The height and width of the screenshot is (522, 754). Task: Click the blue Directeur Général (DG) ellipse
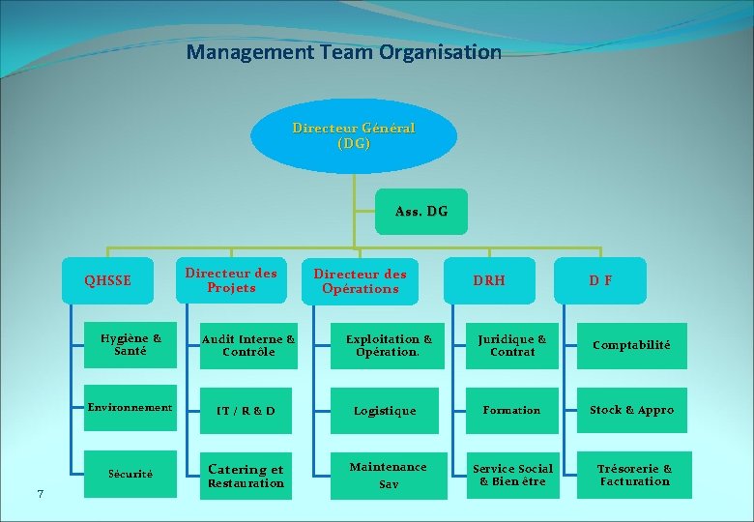[x=353, y=136]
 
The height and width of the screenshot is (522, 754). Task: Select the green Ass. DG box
[x=421, y=212]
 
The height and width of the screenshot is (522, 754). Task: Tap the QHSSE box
[x=107, y=281]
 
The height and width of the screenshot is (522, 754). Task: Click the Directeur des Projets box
[x=231, y=281]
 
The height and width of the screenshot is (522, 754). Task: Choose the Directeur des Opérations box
[x=361, y=281]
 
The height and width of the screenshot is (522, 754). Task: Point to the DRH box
[x=489, y=281]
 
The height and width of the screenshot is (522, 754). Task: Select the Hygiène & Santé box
[x=130, y=345]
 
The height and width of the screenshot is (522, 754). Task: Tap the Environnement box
[x=130, y=409]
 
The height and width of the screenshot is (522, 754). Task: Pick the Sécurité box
[x=130, y=474]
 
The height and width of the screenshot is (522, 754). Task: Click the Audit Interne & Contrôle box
[x=248, y=346]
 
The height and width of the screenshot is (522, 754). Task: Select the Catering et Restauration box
[x=246, y=476]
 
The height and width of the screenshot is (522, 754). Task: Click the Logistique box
[x=385, y=411]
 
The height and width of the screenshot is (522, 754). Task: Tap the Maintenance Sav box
[x=388, y=475]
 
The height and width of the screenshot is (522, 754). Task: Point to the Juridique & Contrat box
[x=512, y=346]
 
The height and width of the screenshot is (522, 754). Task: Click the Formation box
[x=512, y=411]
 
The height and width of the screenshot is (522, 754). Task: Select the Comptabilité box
[x=631, y=346]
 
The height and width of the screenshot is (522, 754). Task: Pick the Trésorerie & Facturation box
[x=634, y=475]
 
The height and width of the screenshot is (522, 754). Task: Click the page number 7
[x=40, y=495]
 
